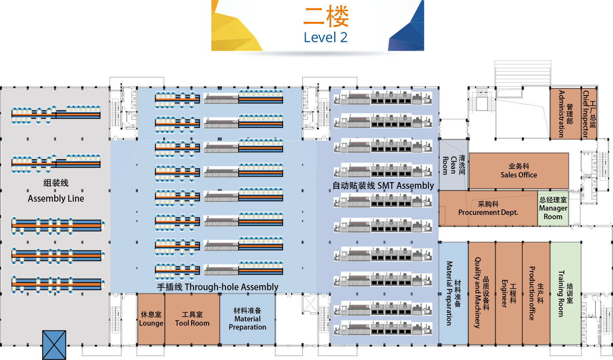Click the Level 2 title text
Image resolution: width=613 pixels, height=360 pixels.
point(326,37)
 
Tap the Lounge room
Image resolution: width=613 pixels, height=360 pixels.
point(151,319)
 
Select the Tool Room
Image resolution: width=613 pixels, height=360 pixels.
point(192,319)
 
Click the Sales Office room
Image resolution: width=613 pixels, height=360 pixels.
point(519,171)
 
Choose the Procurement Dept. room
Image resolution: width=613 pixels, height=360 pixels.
point(488,209)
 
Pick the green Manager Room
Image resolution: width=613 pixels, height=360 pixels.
point(553,208)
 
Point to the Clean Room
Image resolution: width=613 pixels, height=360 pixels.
point(453,165)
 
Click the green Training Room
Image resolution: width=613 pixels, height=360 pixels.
point(565,293)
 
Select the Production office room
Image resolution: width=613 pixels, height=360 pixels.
point(536,293)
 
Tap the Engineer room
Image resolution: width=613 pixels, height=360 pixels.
point(508,293)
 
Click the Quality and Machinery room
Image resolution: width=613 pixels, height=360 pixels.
point(482,293)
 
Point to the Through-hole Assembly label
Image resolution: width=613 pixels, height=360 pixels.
point(218,287)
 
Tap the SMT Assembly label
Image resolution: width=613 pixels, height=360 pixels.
point(383,186)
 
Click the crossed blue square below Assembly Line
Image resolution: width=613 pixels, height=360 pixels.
point(54,345)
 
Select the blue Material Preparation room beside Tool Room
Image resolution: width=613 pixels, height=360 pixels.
point(247,319)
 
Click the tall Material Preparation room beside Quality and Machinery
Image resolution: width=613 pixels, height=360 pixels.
point(453,293)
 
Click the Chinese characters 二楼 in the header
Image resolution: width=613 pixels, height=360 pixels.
point(326,17)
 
